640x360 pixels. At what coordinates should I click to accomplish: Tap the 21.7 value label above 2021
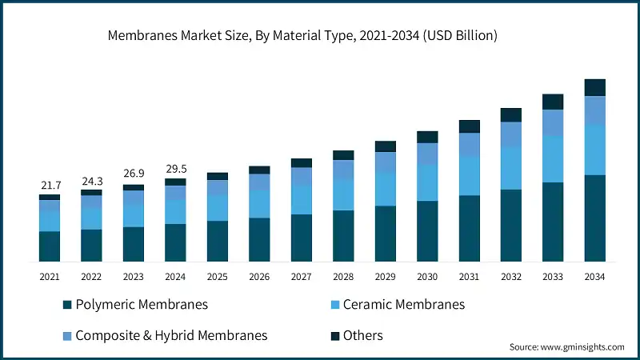coord(50,186)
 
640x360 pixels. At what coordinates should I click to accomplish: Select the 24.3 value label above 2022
coord(92,182)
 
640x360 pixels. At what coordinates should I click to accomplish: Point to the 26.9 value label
coord(134,174)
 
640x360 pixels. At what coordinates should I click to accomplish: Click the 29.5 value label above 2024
coord(175,168)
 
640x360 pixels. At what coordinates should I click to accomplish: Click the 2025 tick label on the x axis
coord(218,276)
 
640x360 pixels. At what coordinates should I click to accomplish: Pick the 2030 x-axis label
coord(427,276)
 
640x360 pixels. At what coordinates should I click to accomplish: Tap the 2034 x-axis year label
coord(594,276)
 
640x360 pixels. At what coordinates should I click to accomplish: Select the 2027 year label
coord(302,276)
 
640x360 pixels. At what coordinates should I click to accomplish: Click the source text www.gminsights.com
coord(566,347)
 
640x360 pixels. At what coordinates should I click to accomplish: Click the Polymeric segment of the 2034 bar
coord(594,218)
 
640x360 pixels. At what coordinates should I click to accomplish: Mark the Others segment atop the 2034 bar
coord(594,87)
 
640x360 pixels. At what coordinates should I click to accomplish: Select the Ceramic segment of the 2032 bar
coord(511,168)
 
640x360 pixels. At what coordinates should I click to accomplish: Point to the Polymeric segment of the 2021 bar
coord(50,246)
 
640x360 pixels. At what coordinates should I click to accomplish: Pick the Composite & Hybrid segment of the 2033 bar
coord(553,122)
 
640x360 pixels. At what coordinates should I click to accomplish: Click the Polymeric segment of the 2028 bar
coord(343,236)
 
